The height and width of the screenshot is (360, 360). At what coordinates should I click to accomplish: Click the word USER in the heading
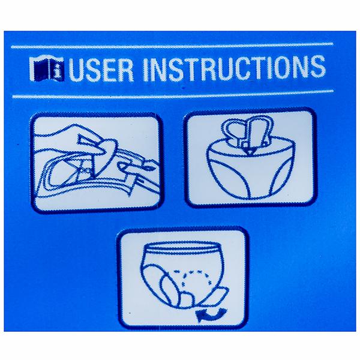101,70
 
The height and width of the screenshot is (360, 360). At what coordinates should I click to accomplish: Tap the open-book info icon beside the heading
47,69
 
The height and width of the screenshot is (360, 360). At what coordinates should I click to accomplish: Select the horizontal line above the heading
172,45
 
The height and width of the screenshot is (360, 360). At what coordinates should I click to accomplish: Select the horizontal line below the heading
173,95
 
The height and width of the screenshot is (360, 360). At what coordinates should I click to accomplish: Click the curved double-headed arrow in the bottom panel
211,314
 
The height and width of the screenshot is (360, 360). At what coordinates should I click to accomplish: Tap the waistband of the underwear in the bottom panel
182,247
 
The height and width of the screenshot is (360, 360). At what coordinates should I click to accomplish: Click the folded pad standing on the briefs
248,133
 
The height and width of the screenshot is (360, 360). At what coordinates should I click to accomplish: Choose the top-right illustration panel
250,157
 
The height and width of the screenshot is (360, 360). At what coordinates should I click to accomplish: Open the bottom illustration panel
182,277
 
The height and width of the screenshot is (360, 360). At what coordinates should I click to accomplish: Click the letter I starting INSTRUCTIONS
145,69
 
